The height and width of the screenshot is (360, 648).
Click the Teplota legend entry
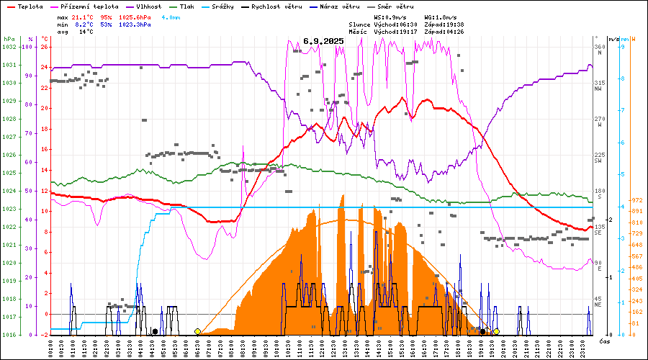point(31,6)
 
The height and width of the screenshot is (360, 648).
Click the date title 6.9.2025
point(323,41)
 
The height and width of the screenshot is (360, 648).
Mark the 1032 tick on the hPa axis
point(9,48)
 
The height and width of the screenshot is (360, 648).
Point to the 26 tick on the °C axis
point(45,48)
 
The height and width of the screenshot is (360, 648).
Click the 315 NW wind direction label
point(598,86)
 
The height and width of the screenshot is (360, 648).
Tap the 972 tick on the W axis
point(636,200)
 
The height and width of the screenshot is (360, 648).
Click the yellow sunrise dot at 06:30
point(197,332)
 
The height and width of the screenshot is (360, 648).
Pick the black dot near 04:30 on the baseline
point(155,332)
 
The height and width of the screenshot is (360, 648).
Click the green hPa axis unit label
point(9,39)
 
